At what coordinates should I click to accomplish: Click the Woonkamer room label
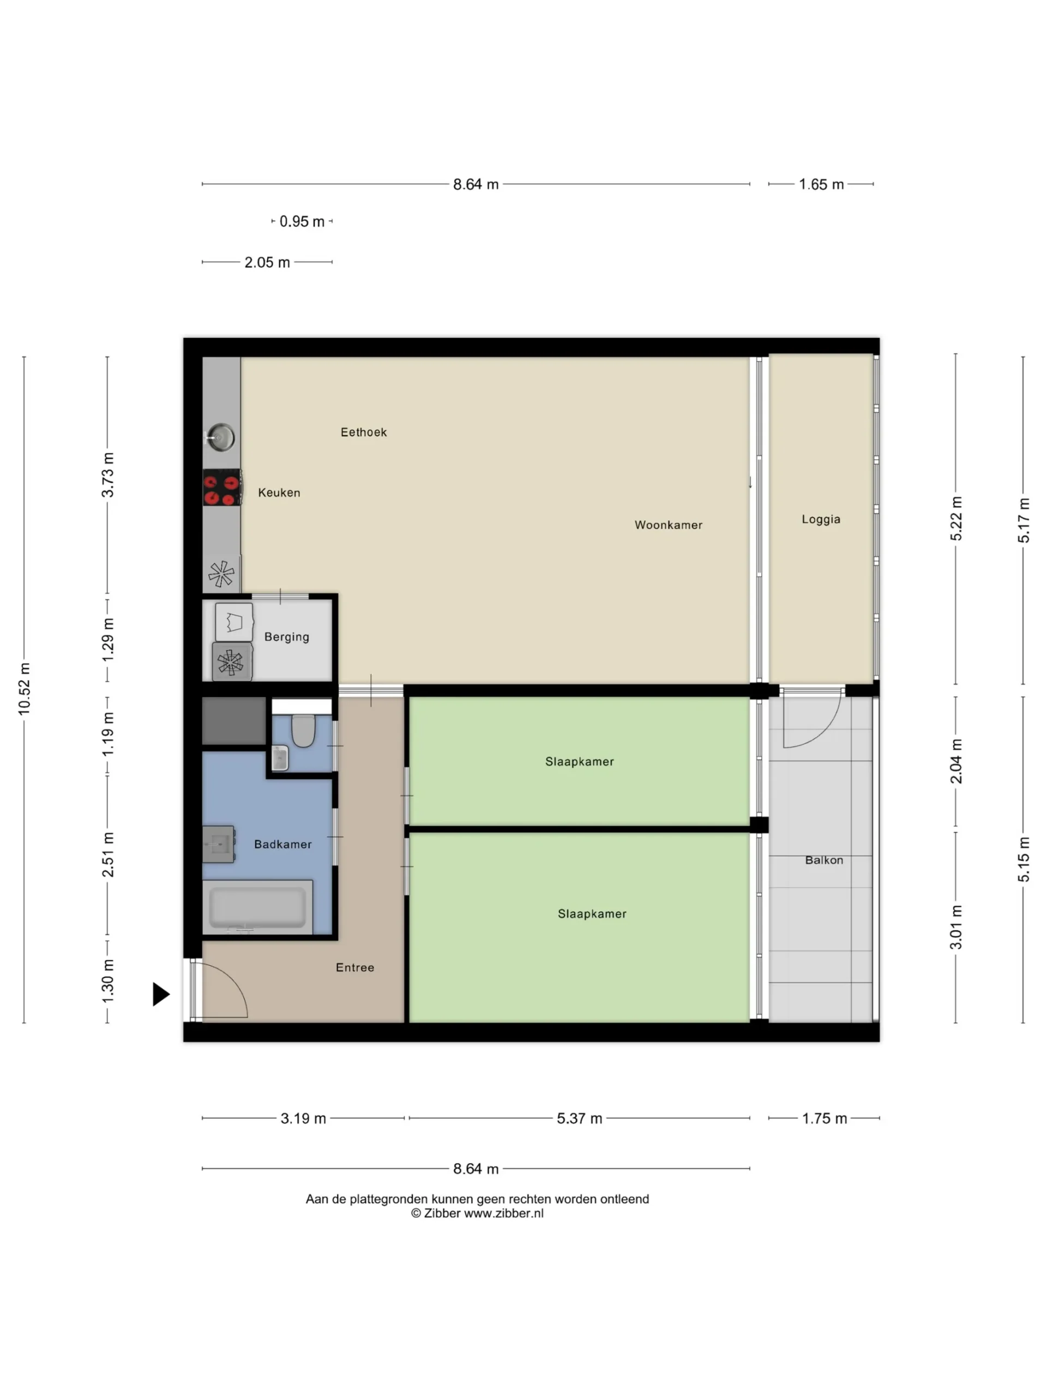(x=669, y=525)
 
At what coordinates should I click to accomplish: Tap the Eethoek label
(x=364, y=432)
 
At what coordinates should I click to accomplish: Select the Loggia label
(x=821, y=519)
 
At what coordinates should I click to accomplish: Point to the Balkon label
(x=824, y=860)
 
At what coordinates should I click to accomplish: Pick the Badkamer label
(x=282, y=844)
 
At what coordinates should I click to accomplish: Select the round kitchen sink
(x=221, y=437)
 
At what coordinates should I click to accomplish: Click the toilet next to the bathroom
(x=304, y=731)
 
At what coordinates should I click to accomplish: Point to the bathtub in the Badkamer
(x=257, y=907)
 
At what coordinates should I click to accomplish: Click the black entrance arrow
(x=161, y=995)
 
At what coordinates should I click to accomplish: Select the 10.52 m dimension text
(x=24, y=689)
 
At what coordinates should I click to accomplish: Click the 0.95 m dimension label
(x=302, y=221)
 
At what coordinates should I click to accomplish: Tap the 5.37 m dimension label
(x=579, y=1118)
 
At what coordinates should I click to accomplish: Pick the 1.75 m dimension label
(x=824, y=1118)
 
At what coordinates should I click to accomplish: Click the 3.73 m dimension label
(x=108, y=474)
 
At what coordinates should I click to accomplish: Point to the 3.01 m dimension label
(x=956, y=927)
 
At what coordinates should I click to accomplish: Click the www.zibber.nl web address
(x=504, y=1213)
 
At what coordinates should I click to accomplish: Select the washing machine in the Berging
(x=232, y=662)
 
